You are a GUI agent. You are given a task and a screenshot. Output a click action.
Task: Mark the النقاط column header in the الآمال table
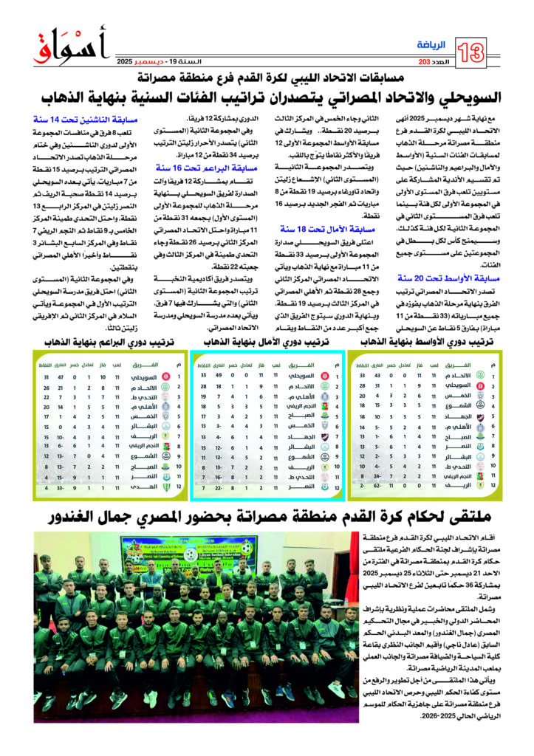point(205,365)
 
